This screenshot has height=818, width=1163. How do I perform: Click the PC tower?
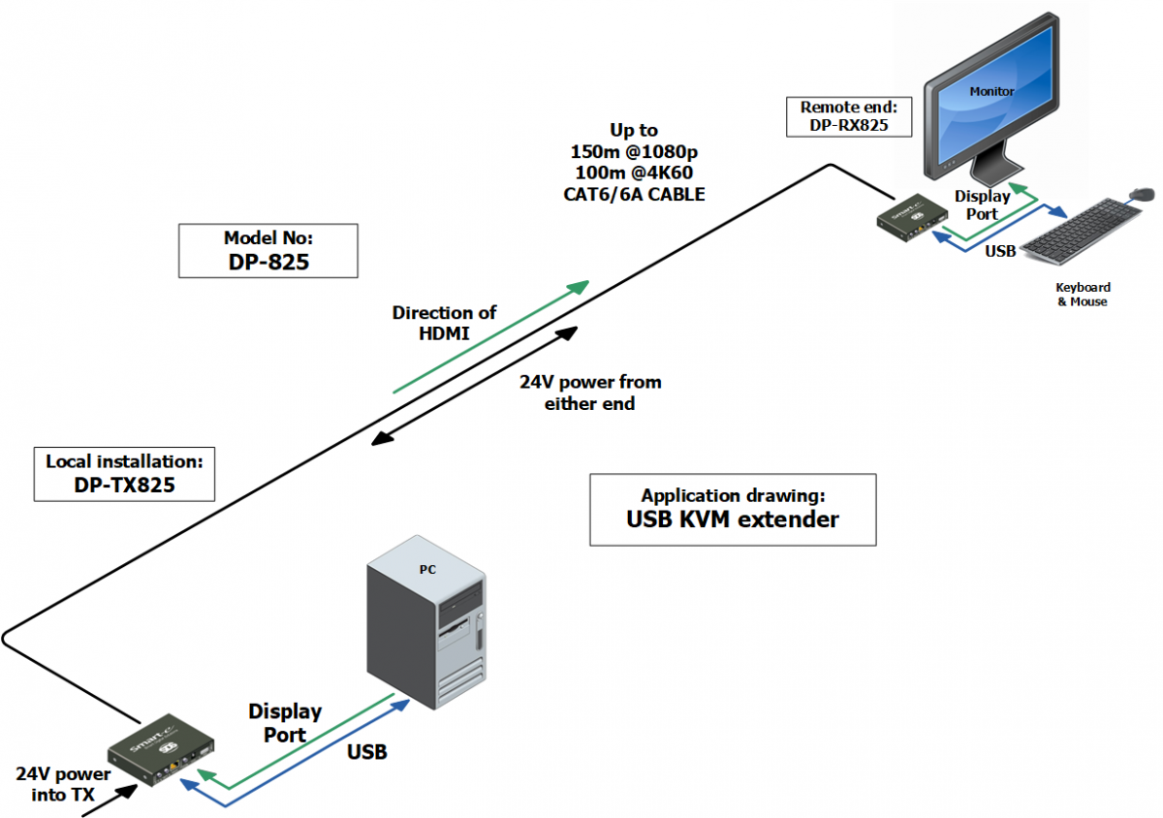click(426, 621)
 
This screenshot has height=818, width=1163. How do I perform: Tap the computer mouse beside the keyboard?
click(1142, 194)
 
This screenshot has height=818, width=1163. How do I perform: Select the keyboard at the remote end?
click(1081, 231)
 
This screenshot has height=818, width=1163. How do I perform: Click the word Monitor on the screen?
click(991, 91)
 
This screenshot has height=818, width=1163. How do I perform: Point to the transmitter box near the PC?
click(161, 749)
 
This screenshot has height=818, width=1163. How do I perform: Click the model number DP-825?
click(268, 262)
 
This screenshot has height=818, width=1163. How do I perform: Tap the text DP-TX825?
click(125, 486)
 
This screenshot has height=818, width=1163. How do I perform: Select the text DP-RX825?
click(849, 125)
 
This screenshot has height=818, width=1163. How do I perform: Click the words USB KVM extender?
click(733, 519)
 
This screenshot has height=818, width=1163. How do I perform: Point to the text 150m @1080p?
click(634, 151)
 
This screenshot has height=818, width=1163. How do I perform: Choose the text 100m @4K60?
click(634, 173)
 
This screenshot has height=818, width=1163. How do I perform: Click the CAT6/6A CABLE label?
click(634, 194)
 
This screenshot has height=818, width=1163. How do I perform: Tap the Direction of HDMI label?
click(444, 323)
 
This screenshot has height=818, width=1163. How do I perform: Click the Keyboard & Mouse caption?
click(1084, 295)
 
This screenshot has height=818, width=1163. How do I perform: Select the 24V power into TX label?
click(63, 784)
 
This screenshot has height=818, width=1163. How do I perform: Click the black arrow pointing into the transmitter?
click(110, 801)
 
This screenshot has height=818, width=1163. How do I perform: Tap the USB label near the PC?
click(367, 752)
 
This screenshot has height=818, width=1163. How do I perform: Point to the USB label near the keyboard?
click(1000, 251)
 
